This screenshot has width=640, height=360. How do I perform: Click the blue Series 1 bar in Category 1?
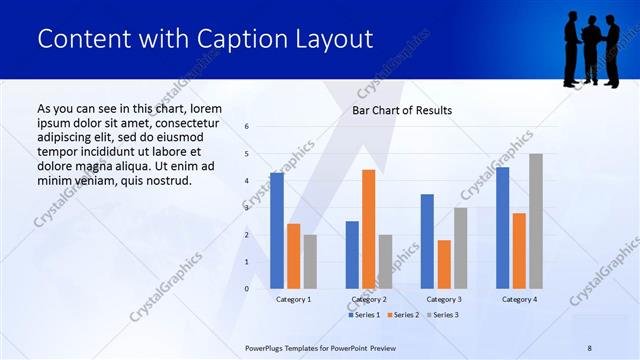pos(276,231)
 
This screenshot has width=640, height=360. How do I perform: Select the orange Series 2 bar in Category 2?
pos(369,229)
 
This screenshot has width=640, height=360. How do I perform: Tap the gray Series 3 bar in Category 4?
pos(536,221)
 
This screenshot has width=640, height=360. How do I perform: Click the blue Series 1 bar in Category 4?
pos(502,228)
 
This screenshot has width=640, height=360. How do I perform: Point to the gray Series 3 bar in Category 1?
pos(310,262)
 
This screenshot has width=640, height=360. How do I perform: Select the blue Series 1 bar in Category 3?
pos(427,241)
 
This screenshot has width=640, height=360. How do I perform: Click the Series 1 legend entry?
pos(365,315)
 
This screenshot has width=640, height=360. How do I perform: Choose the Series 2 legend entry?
pos(402,315)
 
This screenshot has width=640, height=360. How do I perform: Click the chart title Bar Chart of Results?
pos(402,110)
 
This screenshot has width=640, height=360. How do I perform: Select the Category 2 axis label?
pos(368,299)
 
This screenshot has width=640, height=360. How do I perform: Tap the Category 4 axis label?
pos(518,299)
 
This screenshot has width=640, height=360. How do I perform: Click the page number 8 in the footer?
pos(589,347)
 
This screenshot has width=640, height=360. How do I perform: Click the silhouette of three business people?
pos(591,48)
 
